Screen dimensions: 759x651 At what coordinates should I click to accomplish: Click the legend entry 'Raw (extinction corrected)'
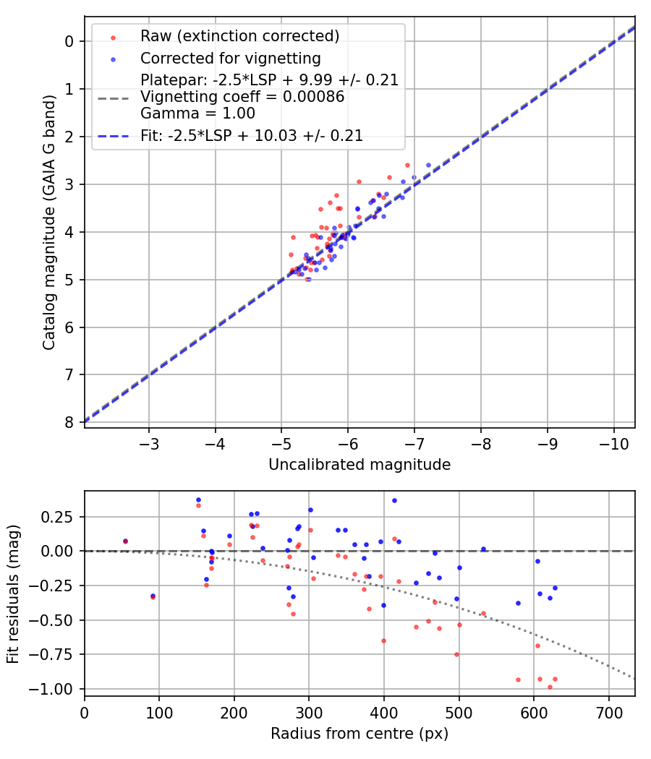point(239,36)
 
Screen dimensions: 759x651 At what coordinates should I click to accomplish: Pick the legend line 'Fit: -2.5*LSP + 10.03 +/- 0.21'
point(252,135)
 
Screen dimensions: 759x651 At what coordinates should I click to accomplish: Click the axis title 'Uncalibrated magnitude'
point(359,465)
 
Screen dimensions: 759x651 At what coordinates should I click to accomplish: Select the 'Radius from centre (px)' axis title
point(359,734)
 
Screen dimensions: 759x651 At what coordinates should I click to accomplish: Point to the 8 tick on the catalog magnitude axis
point(69,422)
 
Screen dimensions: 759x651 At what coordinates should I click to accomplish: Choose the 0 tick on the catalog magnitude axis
point(69,41)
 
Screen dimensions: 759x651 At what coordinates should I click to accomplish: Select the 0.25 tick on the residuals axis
point(59,517)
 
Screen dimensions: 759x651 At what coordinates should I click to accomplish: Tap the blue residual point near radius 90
point(153,596)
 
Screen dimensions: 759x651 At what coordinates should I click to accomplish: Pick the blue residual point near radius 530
point(483,549)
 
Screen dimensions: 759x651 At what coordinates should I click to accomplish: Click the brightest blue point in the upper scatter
point(428,165)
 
